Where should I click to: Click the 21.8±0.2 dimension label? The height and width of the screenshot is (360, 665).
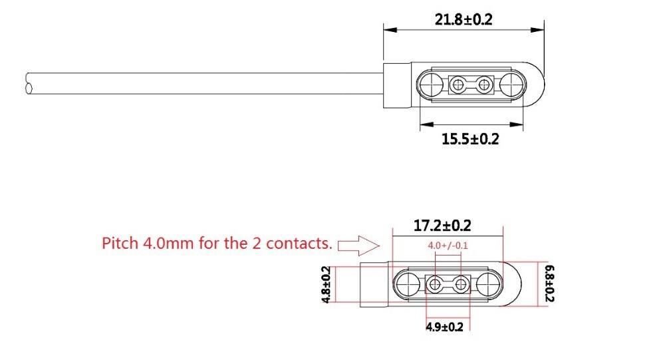click(464, 20)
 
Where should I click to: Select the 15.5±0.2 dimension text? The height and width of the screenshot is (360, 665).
click(470, 139)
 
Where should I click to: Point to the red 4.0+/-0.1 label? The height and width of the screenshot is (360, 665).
click(448, 246)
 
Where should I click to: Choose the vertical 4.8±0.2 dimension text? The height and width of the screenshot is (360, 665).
click(327, 285)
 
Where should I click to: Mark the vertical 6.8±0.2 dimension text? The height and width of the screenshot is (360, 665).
click(549, 284)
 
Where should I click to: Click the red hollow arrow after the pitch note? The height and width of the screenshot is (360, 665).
click(358, 245)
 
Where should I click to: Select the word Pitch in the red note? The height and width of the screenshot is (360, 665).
click(120, 244)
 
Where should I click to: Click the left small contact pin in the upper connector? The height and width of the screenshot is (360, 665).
click(458, 84)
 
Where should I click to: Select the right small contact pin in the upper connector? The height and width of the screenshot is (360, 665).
click(485, 84)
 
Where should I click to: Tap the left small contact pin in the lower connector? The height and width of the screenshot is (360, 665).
click(434, 285)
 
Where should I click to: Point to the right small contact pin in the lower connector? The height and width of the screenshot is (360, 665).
click(461, 285)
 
